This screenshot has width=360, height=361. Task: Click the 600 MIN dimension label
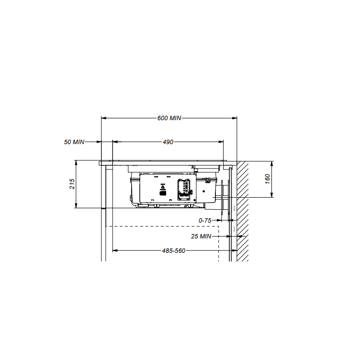coord(169,118)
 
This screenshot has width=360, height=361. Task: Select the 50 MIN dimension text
coord(74,142)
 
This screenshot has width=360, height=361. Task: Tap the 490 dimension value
coord(168,142)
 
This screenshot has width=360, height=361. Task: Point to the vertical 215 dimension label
coord(72,184)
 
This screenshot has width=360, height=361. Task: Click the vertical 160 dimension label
coord(267,179)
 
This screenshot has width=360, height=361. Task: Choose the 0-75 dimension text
coord(205,221)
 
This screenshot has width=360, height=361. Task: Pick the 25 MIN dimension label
coord(201,237)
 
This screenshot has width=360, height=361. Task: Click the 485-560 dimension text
coord(174,251)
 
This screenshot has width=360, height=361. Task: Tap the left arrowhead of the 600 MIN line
coord(103,118)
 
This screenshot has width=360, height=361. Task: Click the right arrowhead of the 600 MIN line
coord(235,118)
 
